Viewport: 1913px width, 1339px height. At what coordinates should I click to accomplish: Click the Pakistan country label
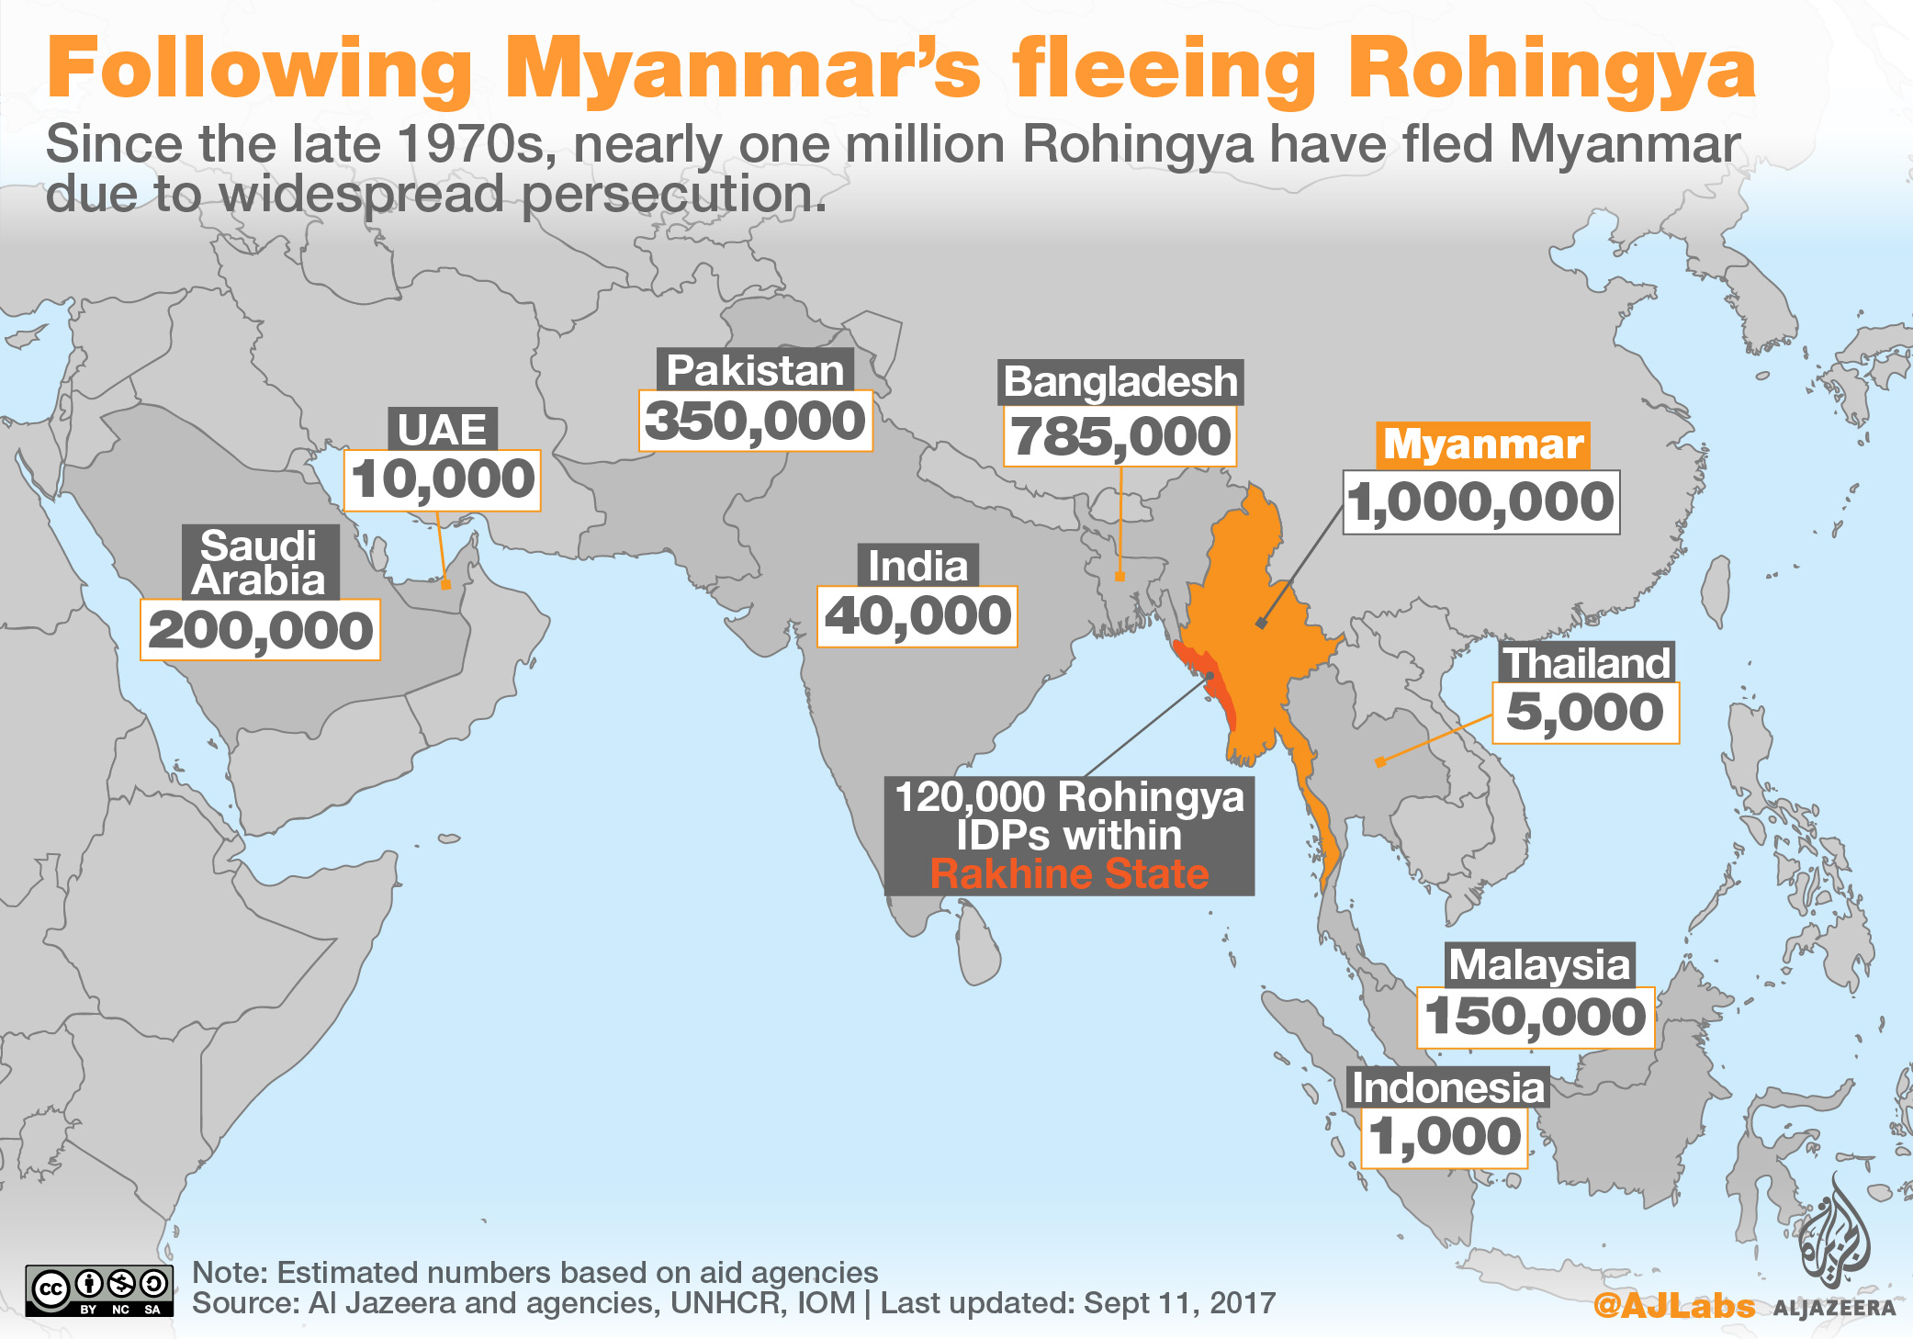pos(755,371)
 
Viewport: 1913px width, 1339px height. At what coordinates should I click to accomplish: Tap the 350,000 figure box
pos(755,422)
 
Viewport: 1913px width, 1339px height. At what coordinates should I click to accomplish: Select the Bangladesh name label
pos(1120,382)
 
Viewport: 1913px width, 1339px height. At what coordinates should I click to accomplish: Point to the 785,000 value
pos(1120,436)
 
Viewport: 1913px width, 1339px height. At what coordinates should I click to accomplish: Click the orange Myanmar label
pos(1482,444)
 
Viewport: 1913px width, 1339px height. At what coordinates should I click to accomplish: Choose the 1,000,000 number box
pos(1480,502)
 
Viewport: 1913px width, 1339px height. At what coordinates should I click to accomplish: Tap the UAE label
pos(442,430)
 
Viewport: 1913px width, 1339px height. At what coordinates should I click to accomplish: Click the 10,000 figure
pos(442,480)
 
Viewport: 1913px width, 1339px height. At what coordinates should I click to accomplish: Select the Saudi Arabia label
pos(260,563)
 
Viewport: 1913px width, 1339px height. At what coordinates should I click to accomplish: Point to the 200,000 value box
pos(260,631)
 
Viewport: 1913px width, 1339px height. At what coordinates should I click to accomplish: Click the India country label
pos(917,566)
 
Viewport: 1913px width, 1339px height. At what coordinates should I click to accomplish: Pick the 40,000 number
pos(917,616)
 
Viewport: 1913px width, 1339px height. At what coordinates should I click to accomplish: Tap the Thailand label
pos(1586,663)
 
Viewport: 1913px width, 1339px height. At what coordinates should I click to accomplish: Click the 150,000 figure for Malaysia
pos(1536,1018)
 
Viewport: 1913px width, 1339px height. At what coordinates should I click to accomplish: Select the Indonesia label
pos(1447,1088)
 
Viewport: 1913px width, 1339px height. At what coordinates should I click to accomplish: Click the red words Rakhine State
pos(1069,874)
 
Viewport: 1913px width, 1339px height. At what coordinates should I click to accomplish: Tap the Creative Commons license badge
pos(99,1290)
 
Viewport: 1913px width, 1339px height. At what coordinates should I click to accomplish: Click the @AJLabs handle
pos(1673,1305)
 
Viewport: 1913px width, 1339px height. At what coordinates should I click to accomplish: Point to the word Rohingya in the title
pos(1552,70)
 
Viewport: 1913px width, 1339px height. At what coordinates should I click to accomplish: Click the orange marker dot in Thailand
pos(1380,762)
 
